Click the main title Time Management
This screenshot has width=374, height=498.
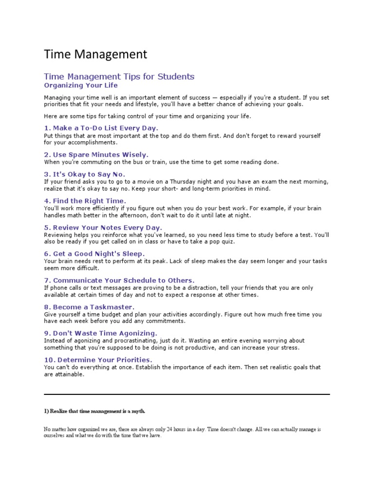point(95,54)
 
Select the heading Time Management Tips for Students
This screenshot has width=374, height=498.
point(119,76)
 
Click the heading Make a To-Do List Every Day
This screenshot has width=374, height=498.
point(101,128)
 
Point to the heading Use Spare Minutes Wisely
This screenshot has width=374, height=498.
point(96,155)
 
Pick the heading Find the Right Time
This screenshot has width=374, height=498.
point(85,200)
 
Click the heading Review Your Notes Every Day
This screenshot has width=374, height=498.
point(103,227)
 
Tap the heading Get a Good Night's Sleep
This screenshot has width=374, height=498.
point(94,254)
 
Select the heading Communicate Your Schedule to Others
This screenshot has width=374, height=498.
point(119,280)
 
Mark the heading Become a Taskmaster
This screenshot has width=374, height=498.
point(89,307)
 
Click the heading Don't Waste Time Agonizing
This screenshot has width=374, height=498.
point(100,333)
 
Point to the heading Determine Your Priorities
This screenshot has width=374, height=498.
point(97,360)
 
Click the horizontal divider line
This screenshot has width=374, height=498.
point(187,394)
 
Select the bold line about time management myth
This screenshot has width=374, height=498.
point(94,411)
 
